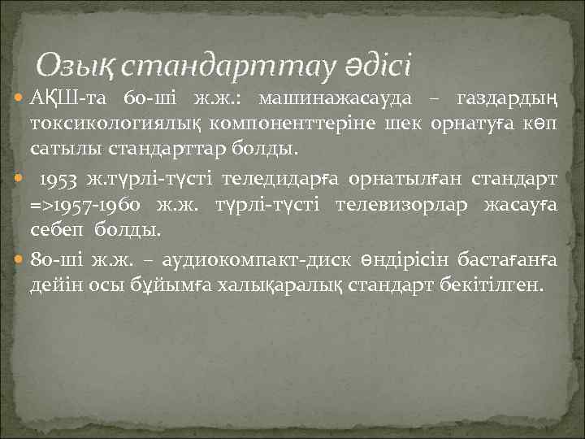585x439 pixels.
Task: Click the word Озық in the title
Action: (77, 62)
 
